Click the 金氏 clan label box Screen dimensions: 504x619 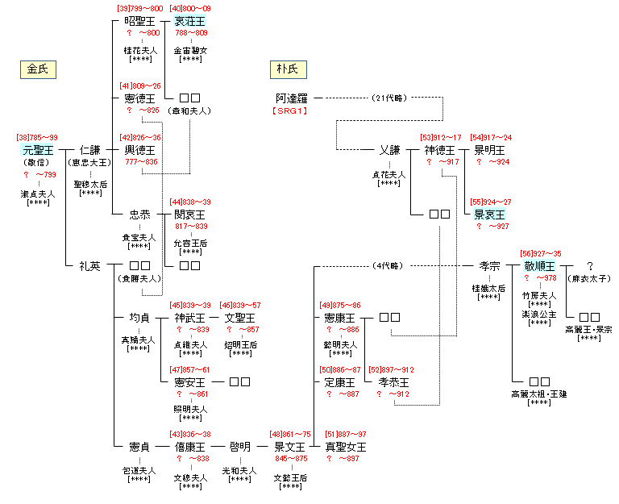[x=37, y=69]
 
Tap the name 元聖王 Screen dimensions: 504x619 [x=39, y=150]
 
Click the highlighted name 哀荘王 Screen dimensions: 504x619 [x=190, y=21]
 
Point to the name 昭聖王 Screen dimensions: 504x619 [x=140, y=21]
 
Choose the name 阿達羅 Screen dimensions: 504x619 [x=292, y=98]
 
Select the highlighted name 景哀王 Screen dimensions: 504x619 [x=489, y=215]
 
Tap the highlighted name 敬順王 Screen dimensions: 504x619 [x=539, y=266]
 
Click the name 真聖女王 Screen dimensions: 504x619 [x=346, y=447]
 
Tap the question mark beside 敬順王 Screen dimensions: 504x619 [x=590, y=266]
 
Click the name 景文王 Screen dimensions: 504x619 [x=290, y=447]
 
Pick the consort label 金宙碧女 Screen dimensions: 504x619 [x=190, y=49]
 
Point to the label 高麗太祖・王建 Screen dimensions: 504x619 [x=539, y=394]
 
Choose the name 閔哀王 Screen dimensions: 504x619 [x=190, y=215]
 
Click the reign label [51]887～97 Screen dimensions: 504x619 [x=347, y=435]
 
